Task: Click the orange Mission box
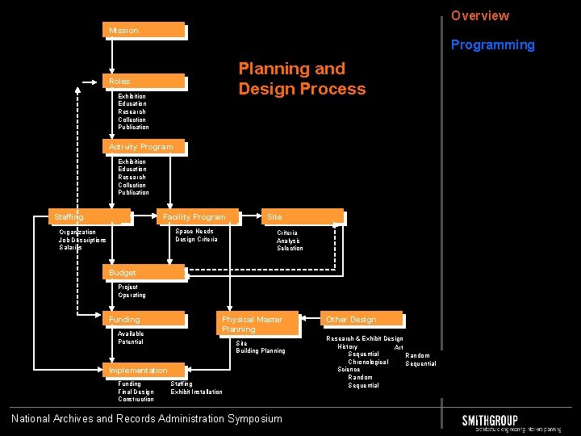pyautogui.click(x=146, y=31)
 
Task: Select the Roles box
pyautogui.click(x=146, y=82)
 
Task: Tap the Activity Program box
pyautogui.click(x=146, y=147)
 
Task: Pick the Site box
pyautogui.click(x=302, y=216)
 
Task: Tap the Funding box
pyautogui.click(x=146, y=320)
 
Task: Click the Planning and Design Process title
pyautogui.click(x=302, y=79)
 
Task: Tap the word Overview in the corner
pyautogui.click(x=480, y=16)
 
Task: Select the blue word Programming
pyautogui.click(x=492, y=45)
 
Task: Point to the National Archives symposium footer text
pyautogui.click(x=147, y=418)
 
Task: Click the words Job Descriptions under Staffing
pyautogui.click(x=82, y=240)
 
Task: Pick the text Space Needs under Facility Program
pyautogui.click(x=194, y=232)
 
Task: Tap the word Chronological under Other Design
pyautogui.click(x=368, y=362)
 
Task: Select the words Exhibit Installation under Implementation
pyautogui.click(x=196, y=392)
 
